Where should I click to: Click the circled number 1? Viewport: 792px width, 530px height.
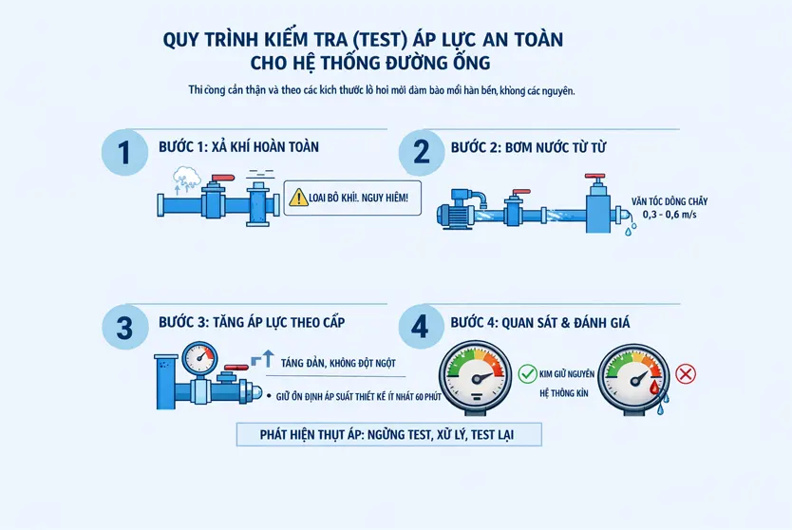(x=123, y=153)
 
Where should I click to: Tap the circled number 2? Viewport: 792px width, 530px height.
(x=422, y=153)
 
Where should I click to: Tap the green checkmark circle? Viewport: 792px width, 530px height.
(x=528, y=373)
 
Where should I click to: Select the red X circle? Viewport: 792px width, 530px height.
(x=686, y=373)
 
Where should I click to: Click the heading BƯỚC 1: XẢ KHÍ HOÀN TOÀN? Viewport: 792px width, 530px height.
(x=238, y=147)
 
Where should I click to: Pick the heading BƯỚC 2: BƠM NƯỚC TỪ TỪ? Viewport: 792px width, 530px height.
(x=528, y=147)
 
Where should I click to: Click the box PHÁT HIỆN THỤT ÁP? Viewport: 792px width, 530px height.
(x=388, y=435)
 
